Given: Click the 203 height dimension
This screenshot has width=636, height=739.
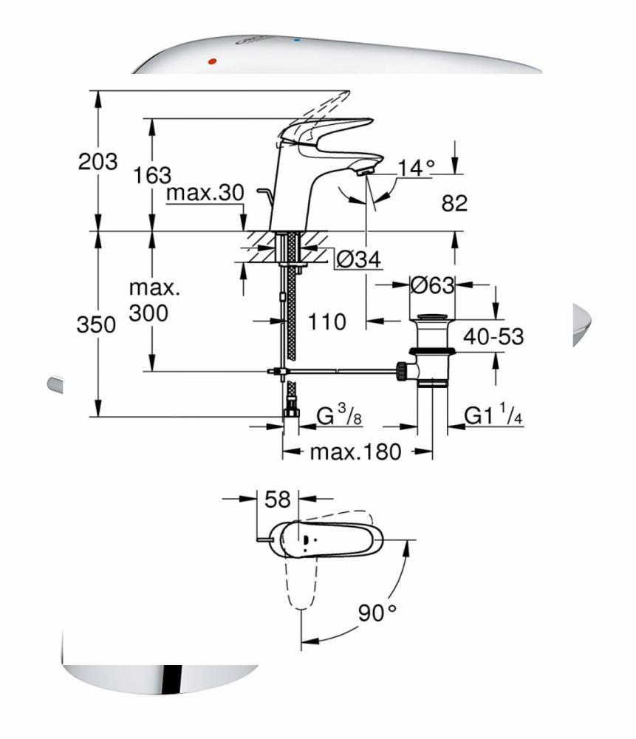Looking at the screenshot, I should coord(98,162).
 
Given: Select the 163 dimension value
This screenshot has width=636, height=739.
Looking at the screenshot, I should coord(152,175).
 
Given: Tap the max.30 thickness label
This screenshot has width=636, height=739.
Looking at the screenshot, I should coord(205,193).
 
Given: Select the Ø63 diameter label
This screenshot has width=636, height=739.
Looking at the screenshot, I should coord(432,284).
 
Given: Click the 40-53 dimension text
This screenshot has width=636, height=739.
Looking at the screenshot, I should coord(493,337).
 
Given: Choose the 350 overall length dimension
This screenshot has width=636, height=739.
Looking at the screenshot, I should coord(97,325).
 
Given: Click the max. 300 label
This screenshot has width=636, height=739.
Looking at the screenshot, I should coord(148,301).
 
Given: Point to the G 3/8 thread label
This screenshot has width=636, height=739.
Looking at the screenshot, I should coord(339,417).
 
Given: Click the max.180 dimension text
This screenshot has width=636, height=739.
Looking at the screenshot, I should coord(355,452).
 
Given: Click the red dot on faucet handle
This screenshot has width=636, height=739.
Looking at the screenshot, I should coord(213,62).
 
